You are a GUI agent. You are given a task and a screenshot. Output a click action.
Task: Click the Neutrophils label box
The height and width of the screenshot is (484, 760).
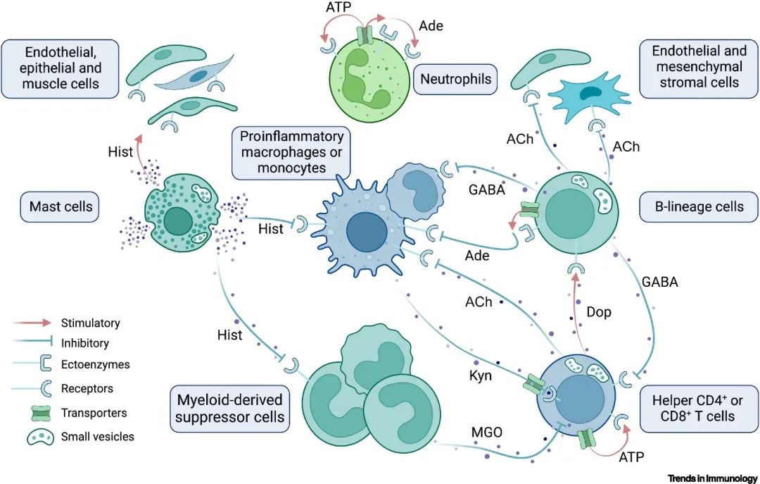pyautogui.click(x=455, y=79)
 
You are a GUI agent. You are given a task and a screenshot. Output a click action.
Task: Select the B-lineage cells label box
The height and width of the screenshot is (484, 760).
pyautogui.click(x=700, y=207)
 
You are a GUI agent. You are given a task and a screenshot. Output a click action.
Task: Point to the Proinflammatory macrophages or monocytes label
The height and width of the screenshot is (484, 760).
pyautogui.click(x=291, y=151)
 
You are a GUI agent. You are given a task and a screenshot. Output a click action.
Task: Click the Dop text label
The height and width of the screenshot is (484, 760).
pyautogui.click(x=599, y=311)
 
